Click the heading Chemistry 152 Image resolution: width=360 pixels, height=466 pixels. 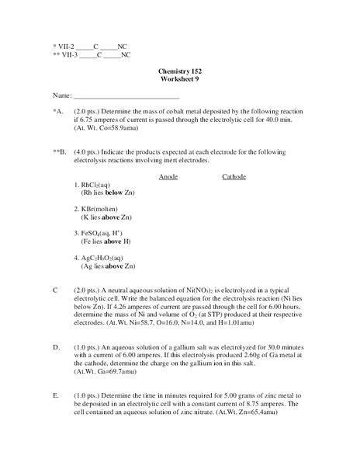pyautogui.click(x=179, y=71)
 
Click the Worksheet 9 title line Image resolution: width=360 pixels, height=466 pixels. pyautogui.click(x=179, y=79)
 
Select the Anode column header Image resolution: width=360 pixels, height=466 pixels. pyautogui.click(x=168, y=177)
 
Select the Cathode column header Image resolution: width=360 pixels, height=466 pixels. pyautogui.click(x=234, y=177)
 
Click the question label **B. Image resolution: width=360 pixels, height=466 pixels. pyautogui.click(x=58, y=152)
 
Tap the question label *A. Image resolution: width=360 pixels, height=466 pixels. pyautogui.click(x=57, y=112)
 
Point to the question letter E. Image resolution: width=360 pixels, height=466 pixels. pyautogui.click(x=55, y=396)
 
